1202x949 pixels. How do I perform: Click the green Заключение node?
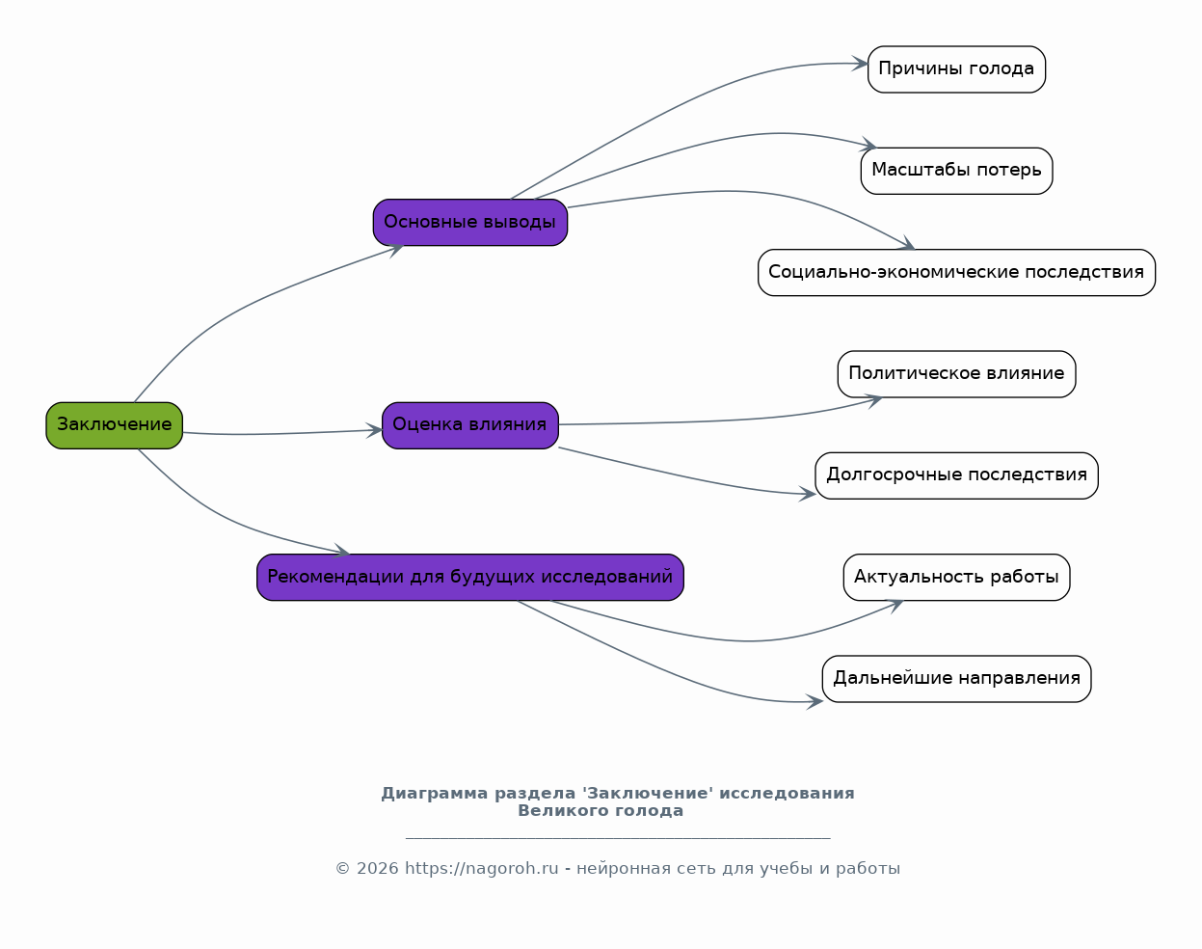[115, 425]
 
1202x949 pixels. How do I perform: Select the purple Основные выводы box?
[470, 223]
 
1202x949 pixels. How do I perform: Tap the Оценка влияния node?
[470, 425]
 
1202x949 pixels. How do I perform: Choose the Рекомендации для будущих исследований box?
[470, 578]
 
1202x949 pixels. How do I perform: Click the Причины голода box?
[957, 69]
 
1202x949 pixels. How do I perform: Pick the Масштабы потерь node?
[957, 171]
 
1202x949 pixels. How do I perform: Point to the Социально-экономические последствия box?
[957, 273]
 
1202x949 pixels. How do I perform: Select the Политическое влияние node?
[957, 374]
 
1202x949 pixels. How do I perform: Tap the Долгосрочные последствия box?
[957, 475]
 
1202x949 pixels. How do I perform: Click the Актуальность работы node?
[957, 578]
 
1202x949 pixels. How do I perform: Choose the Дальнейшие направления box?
[957, 679]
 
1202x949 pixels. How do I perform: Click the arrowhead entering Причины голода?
[860, 64]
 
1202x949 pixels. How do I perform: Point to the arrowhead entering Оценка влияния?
[374, 430]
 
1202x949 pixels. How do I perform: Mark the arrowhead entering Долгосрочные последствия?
[808, 494]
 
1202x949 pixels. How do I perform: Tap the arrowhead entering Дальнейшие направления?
[815, 701]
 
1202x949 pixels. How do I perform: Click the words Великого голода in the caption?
[601, 811]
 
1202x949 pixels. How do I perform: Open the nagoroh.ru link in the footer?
[481, 869]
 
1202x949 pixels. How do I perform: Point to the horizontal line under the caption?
[618, 838]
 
